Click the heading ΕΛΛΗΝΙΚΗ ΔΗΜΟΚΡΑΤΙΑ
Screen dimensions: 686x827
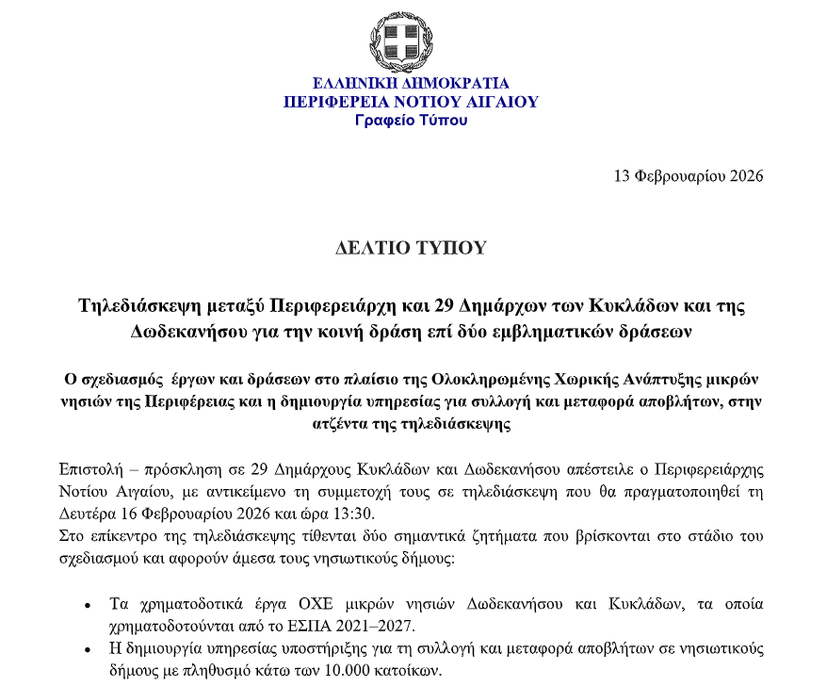click(x=411, y=83)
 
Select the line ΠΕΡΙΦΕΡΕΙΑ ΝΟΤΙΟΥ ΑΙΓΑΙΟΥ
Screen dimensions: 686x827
click(x=411, y=102)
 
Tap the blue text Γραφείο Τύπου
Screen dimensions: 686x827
click(x=411, y=121)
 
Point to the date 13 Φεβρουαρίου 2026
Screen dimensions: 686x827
click(x=688, y=176)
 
